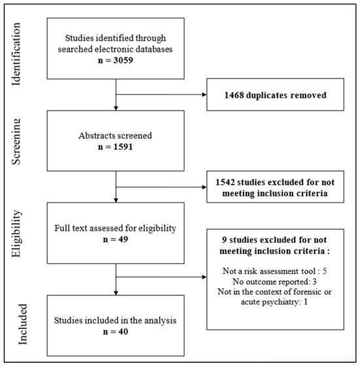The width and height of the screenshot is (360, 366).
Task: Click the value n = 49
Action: (x=115, y=240)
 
